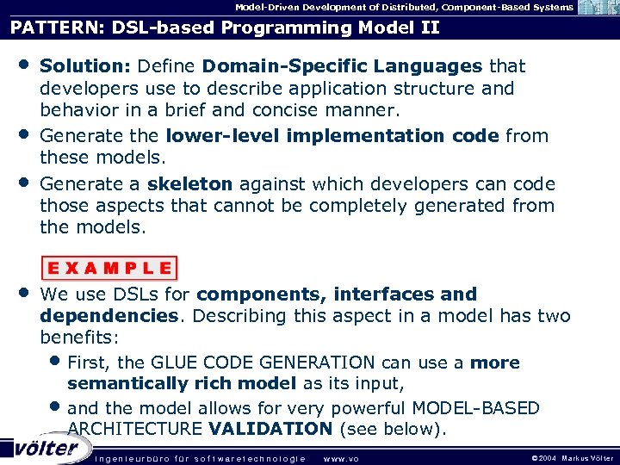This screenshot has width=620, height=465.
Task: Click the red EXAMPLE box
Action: pyautogui.click(x=108, y=267)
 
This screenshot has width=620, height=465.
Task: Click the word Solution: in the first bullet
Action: pyautogui.click(x=84, y=66)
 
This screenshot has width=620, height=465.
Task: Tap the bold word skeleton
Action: pyautogui.click(x=189, y=183)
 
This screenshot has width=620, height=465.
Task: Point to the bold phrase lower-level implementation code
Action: pyautogui.click(x=332, y=136)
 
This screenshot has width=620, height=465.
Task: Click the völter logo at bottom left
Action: pyautogui.click(x=46, y=448)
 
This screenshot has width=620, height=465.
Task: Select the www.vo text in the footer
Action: pyautogui.click(x=340, y=458)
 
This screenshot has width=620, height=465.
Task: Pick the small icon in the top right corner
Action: pyautogui.click(x=598, y=8)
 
